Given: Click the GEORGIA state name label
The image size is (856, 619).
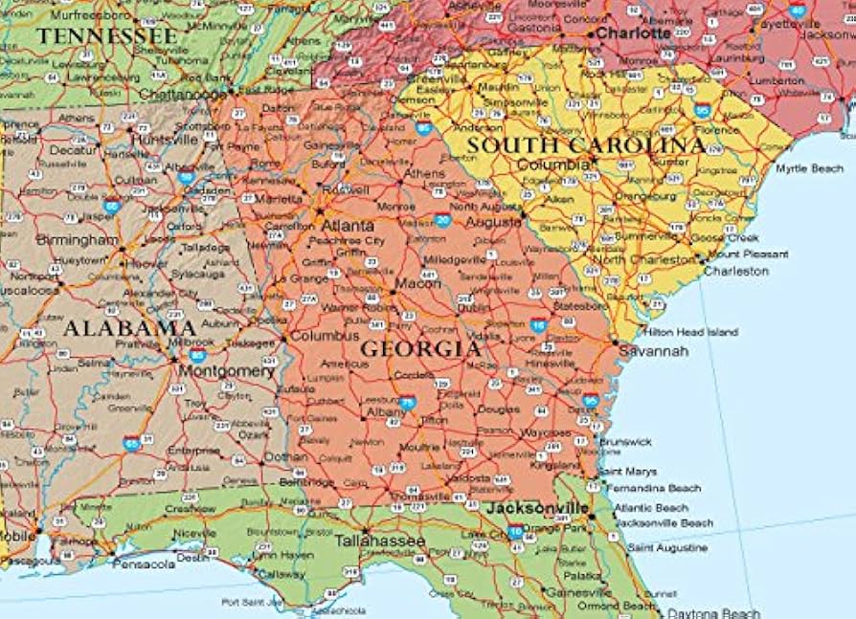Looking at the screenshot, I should tap(420, 349).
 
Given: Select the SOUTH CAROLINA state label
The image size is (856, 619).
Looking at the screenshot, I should tap(586, 145).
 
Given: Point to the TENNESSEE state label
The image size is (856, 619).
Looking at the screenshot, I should tap(107, 36).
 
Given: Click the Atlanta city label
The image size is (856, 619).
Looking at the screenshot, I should tap(348, 226).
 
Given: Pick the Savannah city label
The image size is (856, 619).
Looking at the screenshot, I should tap(654, 351).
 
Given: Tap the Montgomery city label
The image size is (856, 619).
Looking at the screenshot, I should tap(227, 370).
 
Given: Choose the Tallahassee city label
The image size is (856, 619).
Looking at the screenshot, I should tap(379, 541).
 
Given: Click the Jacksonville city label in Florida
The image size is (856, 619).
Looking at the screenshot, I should tap(537, 507).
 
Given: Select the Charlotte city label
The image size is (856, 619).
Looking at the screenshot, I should tap(634, 33).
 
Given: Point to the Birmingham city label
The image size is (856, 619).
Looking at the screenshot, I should tap(78, 239).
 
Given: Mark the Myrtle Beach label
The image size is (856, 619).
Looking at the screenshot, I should tap(809, 168).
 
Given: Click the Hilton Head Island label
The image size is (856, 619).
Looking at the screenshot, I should tap(690, 332).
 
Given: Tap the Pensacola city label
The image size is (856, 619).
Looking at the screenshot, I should tap(144, 564).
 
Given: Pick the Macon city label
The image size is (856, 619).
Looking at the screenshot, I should tap(417, 283).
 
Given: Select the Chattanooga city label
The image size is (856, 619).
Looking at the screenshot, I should tap(184, 94).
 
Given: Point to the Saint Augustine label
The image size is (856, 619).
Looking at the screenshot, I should tap(668, 548).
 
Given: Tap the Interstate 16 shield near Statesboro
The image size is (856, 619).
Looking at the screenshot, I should tap(539, 325).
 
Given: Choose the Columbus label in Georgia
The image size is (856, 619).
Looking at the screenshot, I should tap(325, 337).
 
